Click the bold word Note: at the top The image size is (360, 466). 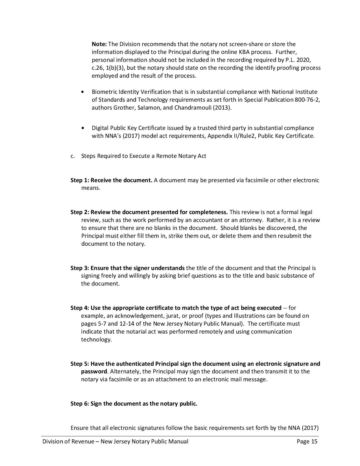[99, 44]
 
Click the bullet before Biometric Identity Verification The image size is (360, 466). [82, 92]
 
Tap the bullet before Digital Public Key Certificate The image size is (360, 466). [82, 128]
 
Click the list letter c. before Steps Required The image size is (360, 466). [73, 156]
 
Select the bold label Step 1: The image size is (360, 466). [80, 180]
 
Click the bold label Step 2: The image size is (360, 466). [80, 212]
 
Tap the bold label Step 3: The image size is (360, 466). [80, 268]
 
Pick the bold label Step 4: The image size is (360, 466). [80, 308]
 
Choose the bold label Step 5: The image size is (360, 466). [80, 364]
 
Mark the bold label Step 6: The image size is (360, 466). [80, 404]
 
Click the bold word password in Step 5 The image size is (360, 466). [94, 371]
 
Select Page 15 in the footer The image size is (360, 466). [307, 442]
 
